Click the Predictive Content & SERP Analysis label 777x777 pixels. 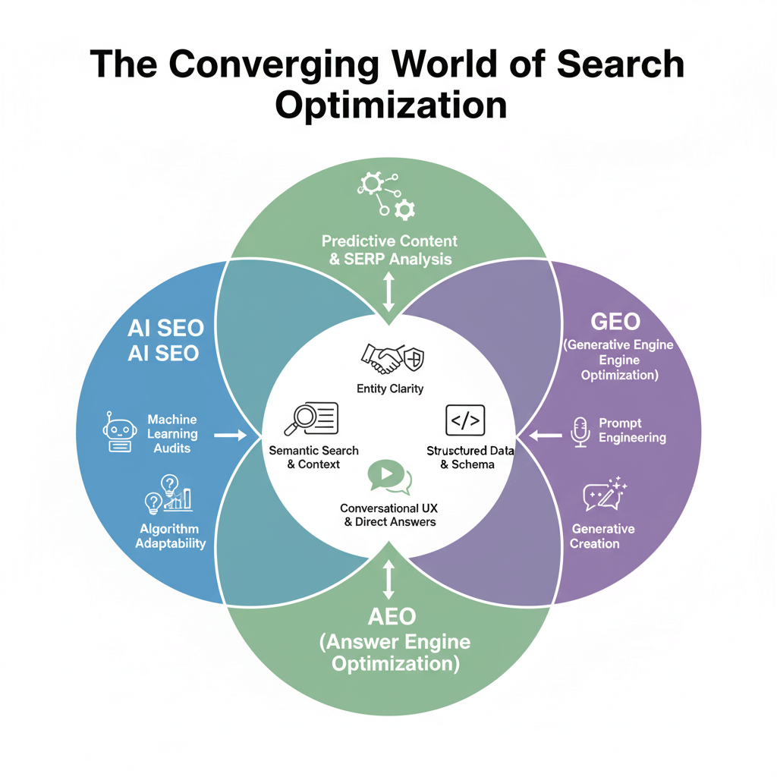[389, 250]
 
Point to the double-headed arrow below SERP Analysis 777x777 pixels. [388, 292]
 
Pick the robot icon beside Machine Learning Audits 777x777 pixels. [115, 433]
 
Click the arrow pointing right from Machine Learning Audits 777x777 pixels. [230, 435]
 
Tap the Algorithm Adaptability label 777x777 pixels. [171, 536]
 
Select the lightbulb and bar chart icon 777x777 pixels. [168, 493]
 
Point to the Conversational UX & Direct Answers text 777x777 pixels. [388, 514]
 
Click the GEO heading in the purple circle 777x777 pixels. [615, 321]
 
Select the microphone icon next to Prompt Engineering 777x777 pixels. [580, 431]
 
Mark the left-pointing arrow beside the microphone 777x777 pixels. [544, 436]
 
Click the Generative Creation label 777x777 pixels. [603, 536]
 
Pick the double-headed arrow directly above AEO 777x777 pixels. [388, 580]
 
